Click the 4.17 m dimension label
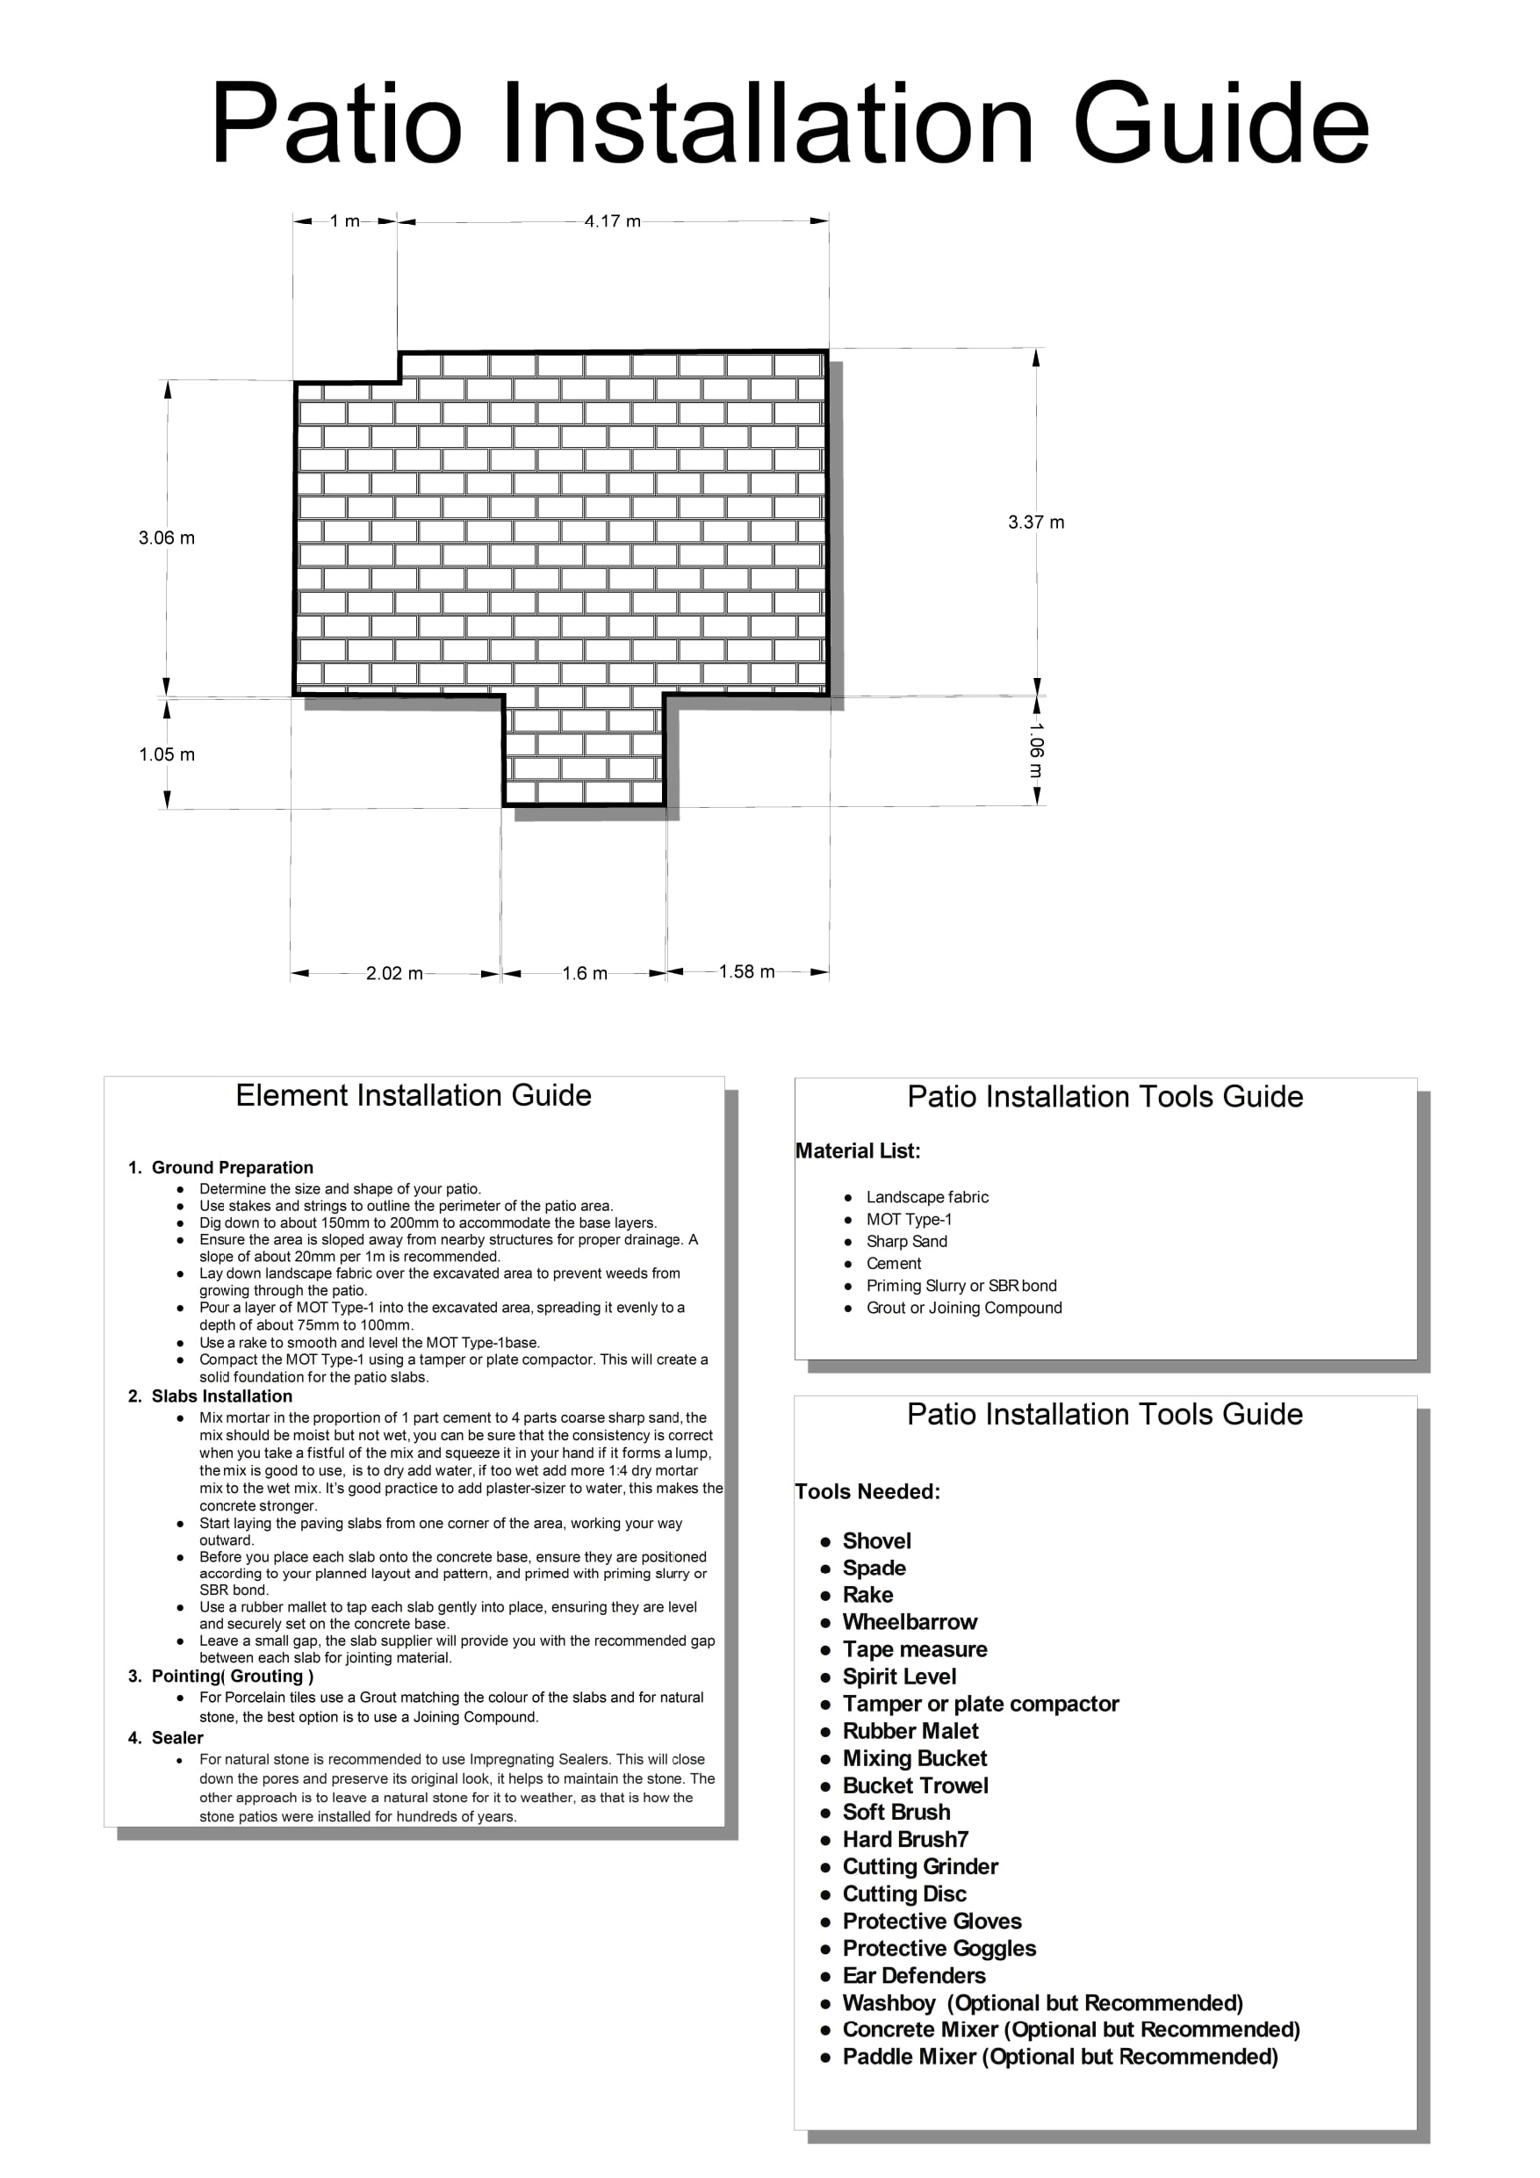pos(613,221)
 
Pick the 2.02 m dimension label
pos(394,973)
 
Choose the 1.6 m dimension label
pos(585,973)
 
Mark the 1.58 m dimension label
pos(746,971)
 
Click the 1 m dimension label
pos(345,221)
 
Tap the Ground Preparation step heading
pos(233,1168)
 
